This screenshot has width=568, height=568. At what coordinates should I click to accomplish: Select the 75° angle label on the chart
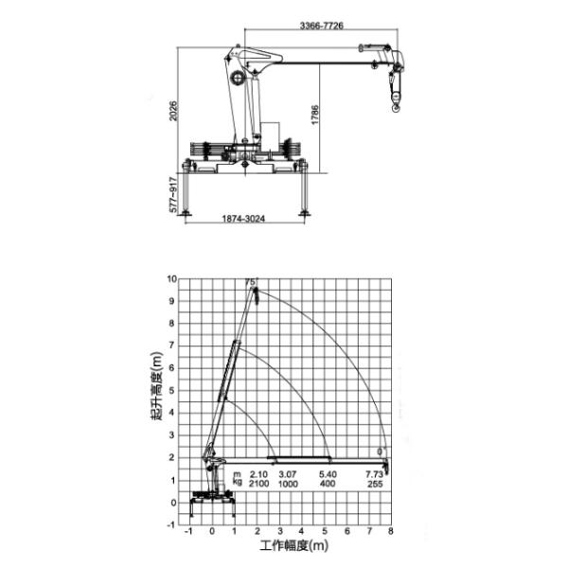(x=250, y=282)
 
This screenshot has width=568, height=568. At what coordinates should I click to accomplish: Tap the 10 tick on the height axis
(x=171, y=279)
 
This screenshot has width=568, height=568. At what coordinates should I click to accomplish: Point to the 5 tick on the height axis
(x=173, y=391)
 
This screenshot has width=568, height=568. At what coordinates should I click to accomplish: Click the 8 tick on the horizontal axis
(x=390, y=532)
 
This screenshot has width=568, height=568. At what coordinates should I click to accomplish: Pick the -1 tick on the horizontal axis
(x=189, y=532)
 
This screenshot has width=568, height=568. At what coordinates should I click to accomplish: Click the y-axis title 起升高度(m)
(x=154, y=390)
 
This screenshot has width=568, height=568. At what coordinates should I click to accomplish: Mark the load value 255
(x=375, y=483)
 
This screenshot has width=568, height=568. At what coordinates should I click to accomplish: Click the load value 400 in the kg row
(x=328, y=483)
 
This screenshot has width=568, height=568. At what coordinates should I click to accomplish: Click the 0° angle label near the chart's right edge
(x=381, y=452)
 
